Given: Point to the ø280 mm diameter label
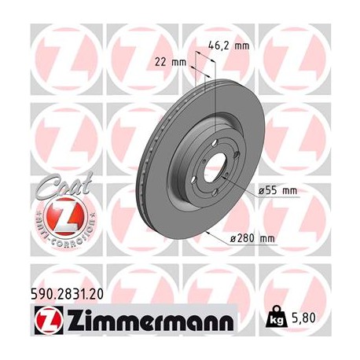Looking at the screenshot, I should pos(251,239).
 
